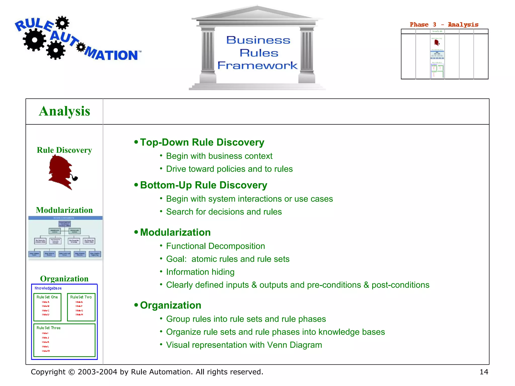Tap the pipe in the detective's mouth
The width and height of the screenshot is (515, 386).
(74, 178)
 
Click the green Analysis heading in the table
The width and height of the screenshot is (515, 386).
(64, 111)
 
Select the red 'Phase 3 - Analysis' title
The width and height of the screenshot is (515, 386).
(444, 25)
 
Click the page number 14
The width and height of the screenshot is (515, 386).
(484, 372)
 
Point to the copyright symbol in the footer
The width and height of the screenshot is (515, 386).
(71, 372)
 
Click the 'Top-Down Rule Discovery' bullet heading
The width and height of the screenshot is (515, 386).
(202, 142)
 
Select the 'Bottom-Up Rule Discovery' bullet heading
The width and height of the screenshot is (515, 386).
(203, 185)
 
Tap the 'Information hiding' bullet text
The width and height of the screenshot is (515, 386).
(200, 272)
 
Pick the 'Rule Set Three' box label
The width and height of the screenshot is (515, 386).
(49, 328)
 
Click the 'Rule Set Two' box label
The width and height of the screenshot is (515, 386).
(81, 297)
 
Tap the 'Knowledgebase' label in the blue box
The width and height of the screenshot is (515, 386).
(48, 288)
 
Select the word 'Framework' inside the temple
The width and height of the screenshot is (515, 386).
(257, 65)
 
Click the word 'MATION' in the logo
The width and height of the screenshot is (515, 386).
(112, 54)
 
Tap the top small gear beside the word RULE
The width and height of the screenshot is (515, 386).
(62, 23)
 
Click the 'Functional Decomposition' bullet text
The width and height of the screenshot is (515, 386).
(216, 246)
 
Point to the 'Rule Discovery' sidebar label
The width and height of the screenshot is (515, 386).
(64, 150)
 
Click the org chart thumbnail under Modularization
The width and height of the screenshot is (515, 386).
(65, 237)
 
